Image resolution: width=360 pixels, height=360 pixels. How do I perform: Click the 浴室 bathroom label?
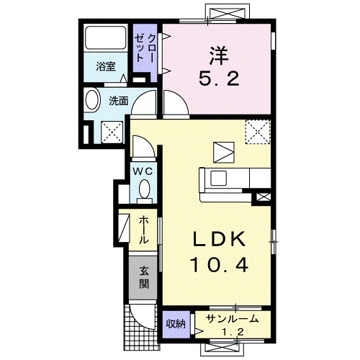tap(106, 67)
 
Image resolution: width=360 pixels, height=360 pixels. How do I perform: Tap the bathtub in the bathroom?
tap(106, 37)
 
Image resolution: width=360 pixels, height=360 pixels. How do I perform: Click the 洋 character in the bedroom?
tap(218, 56)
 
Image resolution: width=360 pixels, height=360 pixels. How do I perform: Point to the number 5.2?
tap(219, 78)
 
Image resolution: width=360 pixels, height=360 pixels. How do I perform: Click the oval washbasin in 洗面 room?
tap(91, 101)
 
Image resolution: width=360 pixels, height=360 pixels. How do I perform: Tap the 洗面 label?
tap(119, 101)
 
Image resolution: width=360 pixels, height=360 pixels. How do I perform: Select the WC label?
tap(143, 171)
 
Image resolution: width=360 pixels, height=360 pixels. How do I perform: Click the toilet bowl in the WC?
tap(145, 189)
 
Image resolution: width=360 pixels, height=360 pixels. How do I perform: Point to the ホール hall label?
tap(144, 230)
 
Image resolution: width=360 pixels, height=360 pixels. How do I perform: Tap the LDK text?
tap(220, 239)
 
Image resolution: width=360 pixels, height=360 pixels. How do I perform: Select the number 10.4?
tap(220, 265)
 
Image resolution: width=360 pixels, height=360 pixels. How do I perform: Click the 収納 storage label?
tap(176, 324)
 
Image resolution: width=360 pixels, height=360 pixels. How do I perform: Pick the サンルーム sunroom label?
tap(233, 320)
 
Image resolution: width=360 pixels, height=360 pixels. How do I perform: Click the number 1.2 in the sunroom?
tap(233, 332)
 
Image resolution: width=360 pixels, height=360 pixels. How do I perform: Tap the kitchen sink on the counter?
tap(218, 178)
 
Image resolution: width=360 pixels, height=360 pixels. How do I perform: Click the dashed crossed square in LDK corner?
tap(258, 132)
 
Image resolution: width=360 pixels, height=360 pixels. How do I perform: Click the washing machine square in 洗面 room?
tap(112, 132)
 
